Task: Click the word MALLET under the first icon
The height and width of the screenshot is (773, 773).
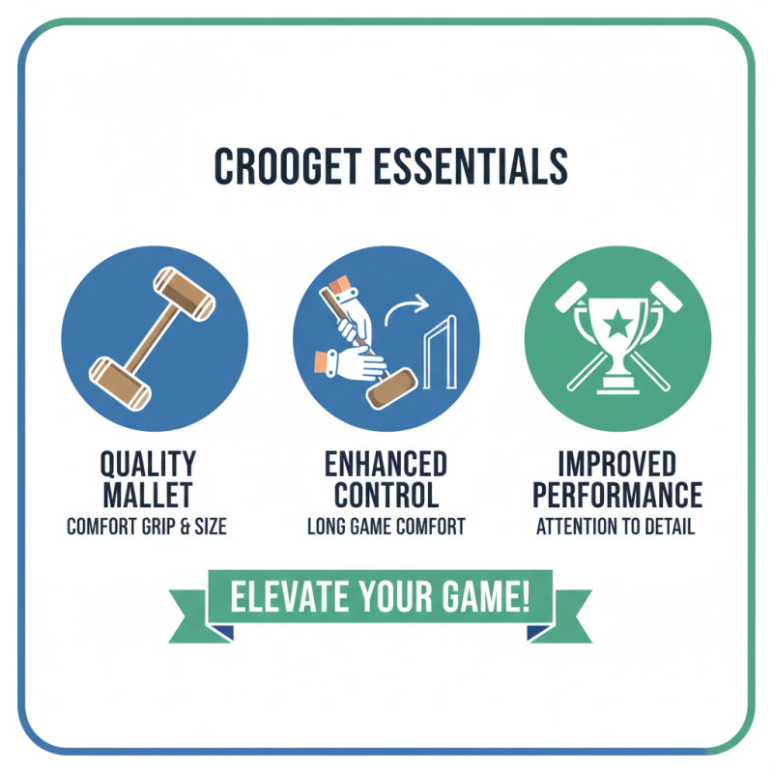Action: (149, 496)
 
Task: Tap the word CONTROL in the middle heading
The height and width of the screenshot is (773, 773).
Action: (386, 496)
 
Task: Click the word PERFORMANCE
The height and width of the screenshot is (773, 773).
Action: (617, 496)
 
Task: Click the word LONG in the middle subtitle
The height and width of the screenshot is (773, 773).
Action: (329, 528)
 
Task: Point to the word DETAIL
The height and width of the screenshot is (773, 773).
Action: (668, 528)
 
